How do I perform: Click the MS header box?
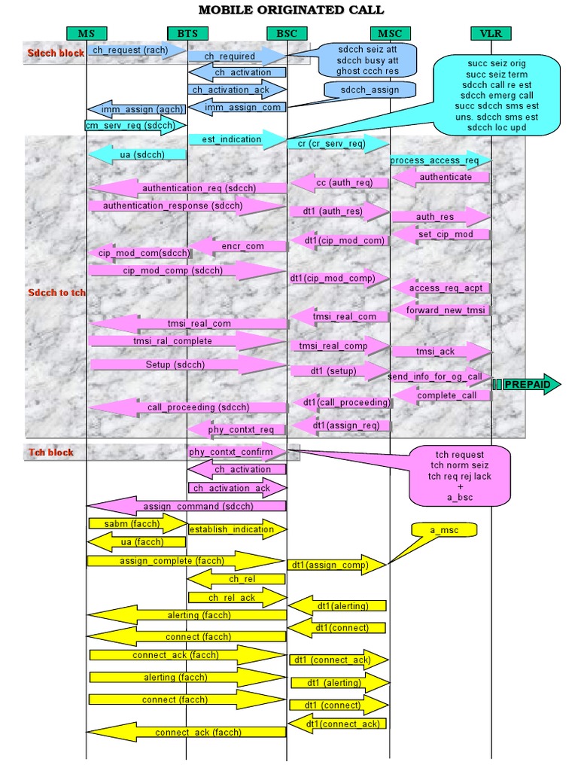(87, 33)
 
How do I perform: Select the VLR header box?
(491, 33)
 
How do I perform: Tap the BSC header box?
(287, 33)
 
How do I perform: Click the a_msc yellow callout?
(443, 531)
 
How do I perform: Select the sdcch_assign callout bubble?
(370, 90)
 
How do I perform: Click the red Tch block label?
(52, 453)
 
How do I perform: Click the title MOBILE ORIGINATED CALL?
(291, 10)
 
